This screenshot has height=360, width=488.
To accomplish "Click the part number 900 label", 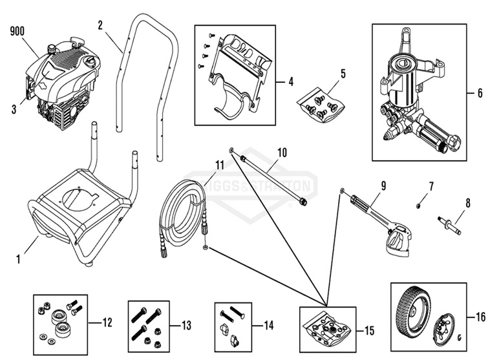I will coord(19,30).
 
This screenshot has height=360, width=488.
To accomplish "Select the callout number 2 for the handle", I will coord(100,25).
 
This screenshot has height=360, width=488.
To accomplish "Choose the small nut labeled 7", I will coord(419,205).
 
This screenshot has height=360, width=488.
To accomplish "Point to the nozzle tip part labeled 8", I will coord(451,224).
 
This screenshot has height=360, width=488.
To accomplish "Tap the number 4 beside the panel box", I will coord(291,82).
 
